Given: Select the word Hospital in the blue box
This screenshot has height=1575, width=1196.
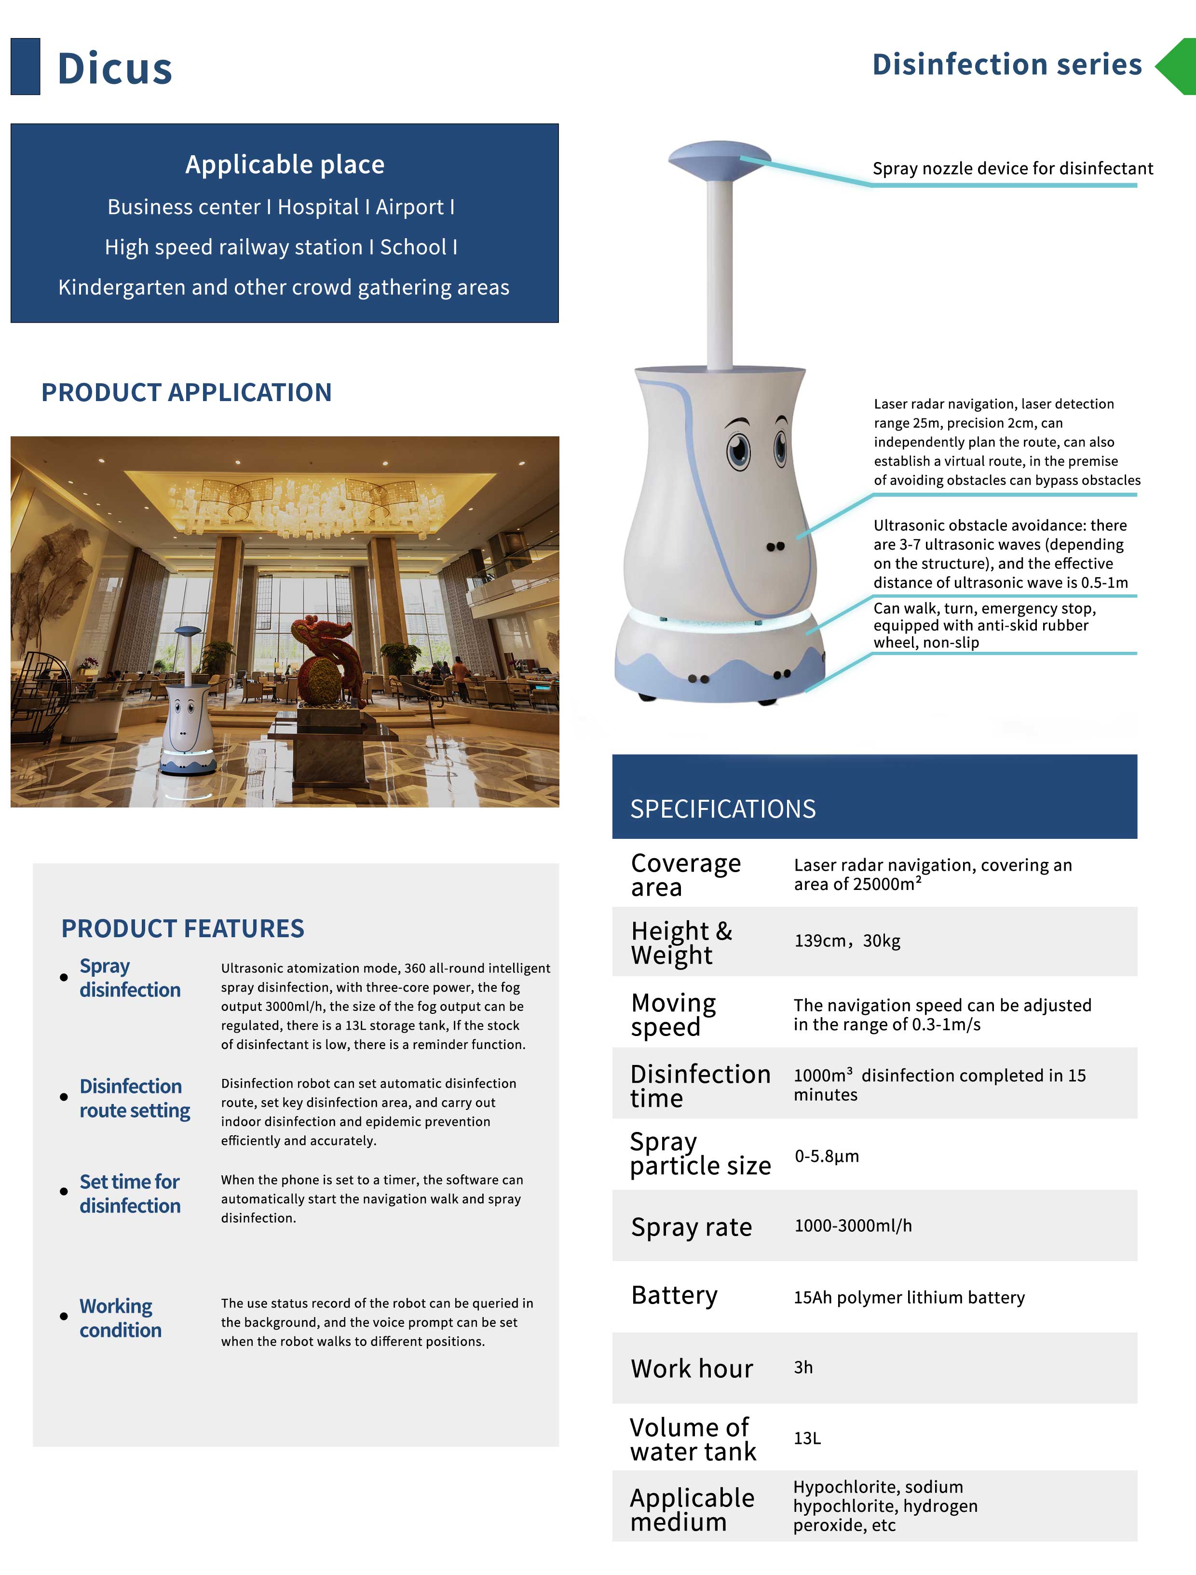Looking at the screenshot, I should (320, 207).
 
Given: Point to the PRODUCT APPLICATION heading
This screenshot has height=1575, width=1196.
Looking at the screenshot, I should (186, 392).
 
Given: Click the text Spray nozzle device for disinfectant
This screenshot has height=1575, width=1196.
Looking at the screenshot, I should (1012, 169).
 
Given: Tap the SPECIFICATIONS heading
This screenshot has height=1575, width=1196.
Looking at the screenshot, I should (722, 809).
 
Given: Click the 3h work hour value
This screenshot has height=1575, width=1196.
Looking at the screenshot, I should (803, 1367).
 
